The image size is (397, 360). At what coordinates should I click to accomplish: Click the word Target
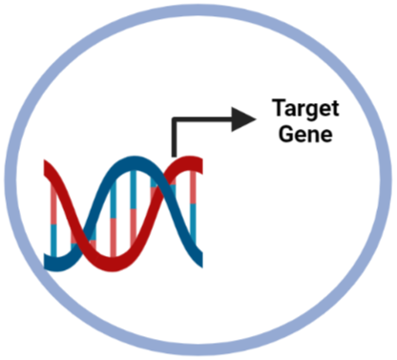click(x=305, y=109)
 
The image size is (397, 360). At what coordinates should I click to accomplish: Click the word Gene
click(x=305, y=134)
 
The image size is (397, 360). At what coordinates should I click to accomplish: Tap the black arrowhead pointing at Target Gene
click(x=243, y=119)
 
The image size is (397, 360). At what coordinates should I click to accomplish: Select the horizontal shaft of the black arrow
click(x=203, y=119)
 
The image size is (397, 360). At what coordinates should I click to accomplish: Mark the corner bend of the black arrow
click(x=174, y=119)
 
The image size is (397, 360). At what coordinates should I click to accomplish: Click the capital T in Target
click(x=280, y=108)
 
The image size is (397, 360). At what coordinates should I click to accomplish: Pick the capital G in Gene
click(x=285, y=134)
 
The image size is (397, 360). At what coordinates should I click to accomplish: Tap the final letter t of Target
click(x=335, y=109)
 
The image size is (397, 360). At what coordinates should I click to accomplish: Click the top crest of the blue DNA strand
click(x=136, y=160)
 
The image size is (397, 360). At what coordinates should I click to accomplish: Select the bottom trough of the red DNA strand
click(x=112, y=265)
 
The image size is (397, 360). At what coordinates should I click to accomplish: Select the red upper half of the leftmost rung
click(x=53, y=203)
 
